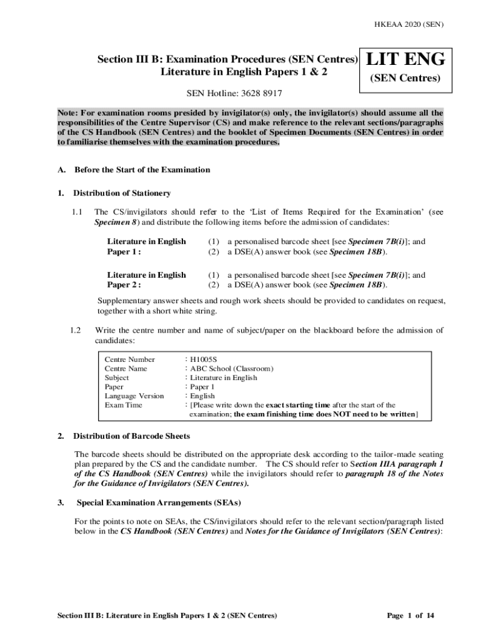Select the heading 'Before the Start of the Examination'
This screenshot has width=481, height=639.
[142, 170]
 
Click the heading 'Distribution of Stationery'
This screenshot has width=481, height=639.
[122, 193]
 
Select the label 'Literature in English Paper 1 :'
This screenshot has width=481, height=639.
[146, 246]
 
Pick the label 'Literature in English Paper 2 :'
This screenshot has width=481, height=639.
[146, 280]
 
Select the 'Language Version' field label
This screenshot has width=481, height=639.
[134, 396]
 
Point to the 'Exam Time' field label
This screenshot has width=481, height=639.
[123, 405]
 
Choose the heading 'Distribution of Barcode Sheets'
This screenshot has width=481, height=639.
[132, 436]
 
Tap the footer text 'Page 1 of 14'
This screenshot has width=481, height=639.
[410, 615]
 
